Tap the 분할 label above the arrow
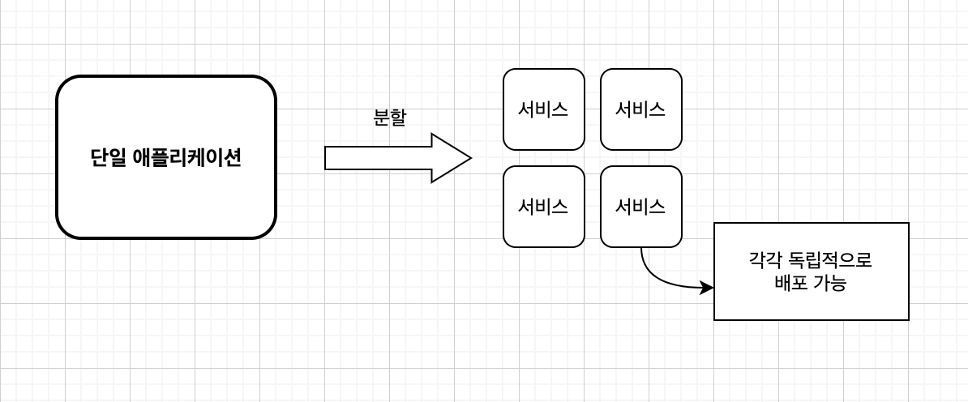click(389, 117)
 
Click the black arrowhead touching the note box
click(707, 288)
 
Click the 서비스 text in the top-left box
click(543, 110)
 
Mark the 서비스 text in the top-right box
click(640, 110)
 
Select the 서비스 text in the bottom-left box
click(543, 207)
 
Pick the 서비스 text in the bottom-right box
click(640, 207)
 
